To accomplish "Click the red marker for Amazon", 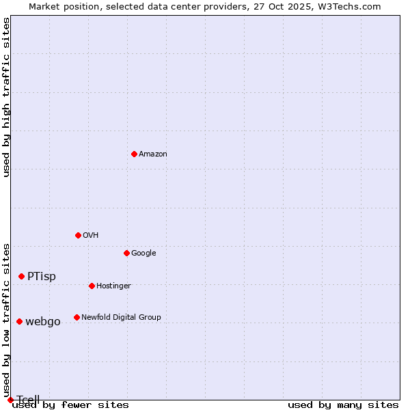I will click(134, 154).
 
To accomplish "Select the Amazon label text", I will click(153, 154).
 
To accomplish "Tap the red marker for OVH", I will click(78, 235).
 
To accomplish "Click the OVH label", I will click(91, 236).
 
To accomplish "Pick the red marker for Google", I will click(126, 253).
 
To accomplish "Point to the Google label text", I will click(143, 254).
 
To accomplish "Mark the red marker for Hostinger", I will click(92, 286).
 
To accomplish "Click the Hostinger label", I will click(113, 286).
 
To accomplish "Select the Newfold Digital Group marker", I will click(77, 317).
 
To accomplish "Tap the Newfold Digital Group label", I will click(121, 318).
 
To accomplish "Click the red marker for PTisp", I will click(21, 276).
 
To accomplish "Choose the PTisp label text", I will click(42, 277).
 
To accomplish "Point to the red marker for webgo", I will click(19, 321).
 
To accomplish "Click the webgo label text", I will click(43, 322).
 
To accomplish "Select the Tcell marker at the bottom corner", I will click(10, 400).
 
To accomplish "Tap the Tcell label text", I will click(29, 400).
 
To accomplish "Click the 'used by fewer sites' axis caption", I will click(70, 405).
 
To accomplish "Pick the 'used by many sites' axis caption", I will click(343, 405).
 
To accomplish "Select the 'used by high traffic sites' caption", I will click(7, 97).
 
